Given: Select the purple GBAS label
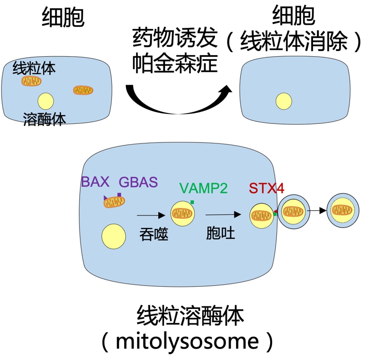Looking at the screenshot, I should click(x=138, y=182).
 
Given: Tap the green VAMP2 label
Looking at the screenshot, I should click(x=203, y=188).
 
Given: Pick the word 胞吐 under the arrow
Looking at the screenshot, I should click(x=220, y=233).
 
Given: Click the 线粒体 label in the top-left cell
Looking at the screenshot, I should click(x=34, y=68).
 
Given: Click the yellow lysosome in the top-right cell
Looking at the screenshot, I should click(x=284, y=101).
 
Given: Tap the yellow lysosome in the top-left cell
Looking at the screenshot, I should click(x=45, y=101).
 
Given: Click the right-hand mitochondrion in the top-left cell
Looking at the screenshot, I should click(x=83, y=90).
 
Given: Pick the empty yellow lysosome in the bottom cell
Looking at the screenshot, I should click(x=113, y=237).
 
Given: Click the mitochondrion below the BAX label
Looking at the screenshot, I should click(x=114, y=202).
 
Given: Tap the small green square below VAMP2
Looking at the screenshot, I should click(x=192, y=202).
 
